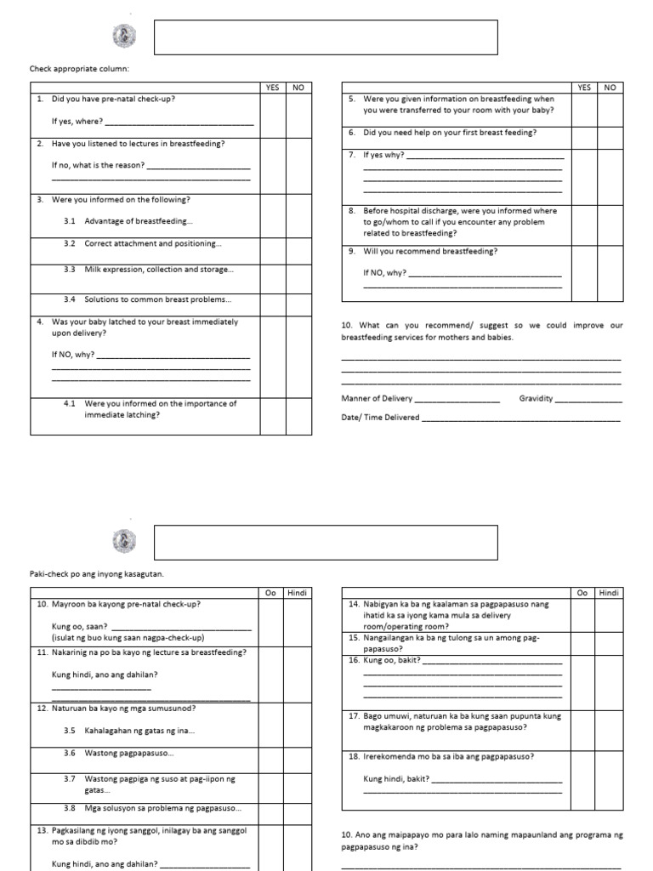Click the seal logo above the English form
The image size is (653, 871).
(x=122, y=37)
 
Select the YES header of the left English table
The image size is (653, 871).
(x=272, y=87)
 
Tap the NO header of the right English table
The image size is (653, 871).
(x=610, y=87)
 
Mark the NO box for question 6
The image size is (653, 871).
(x=610, y=136)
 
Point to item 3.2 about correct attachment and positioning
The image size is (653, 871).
(x=153, y=243)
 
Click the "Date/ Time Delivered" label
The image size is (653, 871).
(x=380, y=418)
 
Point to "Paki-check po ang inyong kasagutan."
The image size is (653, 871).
(x=96, y=574)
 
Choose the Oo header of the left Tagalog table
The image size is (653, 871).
(x=272, y=593)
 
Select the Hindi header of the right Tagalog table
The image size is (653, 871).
(x=610, y=593)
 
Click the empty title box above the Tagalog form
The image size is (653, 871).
(x=325, y=542)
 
